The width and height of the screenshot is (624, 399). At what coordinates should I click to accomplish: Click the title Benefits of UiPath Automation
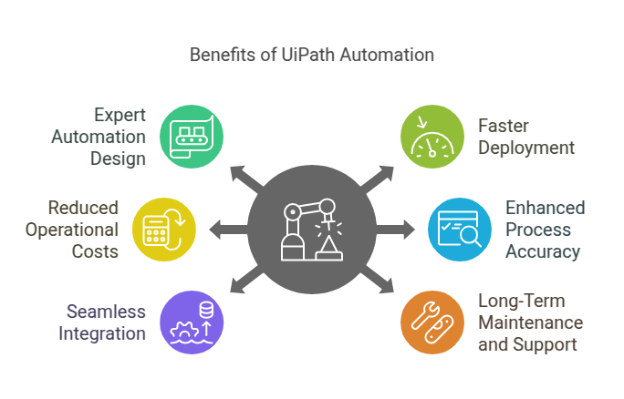(x=311, y=55)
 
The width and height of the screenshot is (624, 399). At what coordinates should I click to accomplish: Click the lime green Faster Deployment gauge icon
(x=432, y=137)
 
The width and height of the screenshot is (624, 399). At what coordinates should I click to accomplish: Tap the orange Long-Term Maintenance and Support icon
(x=432, y=322)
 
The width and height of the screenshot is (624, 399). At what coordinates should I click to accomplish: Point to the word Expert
(x=120, y=116)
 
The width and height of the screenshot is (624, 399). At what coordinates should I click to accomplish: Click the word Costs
(x=96, y=250)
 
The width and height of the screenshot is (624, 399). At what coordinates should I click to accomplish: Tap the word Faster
(x=504, y=127)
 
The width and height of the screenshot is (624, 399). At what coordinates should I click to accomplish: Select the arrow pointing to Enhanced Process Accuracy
(x=400, y=228)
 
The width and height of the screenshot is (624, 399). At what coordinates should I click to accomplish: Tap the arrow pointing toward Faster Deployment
(x=378, y=177)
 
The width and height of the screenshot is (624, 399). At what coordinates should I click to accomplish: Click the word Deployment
(x=526, y=148)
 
